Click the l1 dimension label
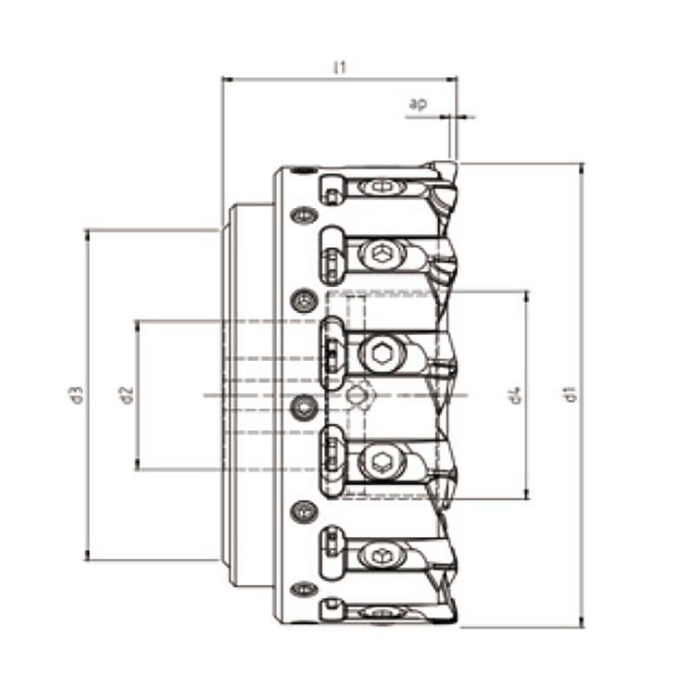pos(339,68)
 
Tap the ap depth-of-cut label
pos(418,104)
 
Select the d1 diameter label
pos(571,394)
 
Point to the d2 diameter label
pos(127,396)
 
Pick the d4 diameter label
pos(515,396)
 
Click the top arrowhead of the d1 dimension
pos(581,168)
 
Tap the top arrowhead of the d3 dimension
pos(88,235)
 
